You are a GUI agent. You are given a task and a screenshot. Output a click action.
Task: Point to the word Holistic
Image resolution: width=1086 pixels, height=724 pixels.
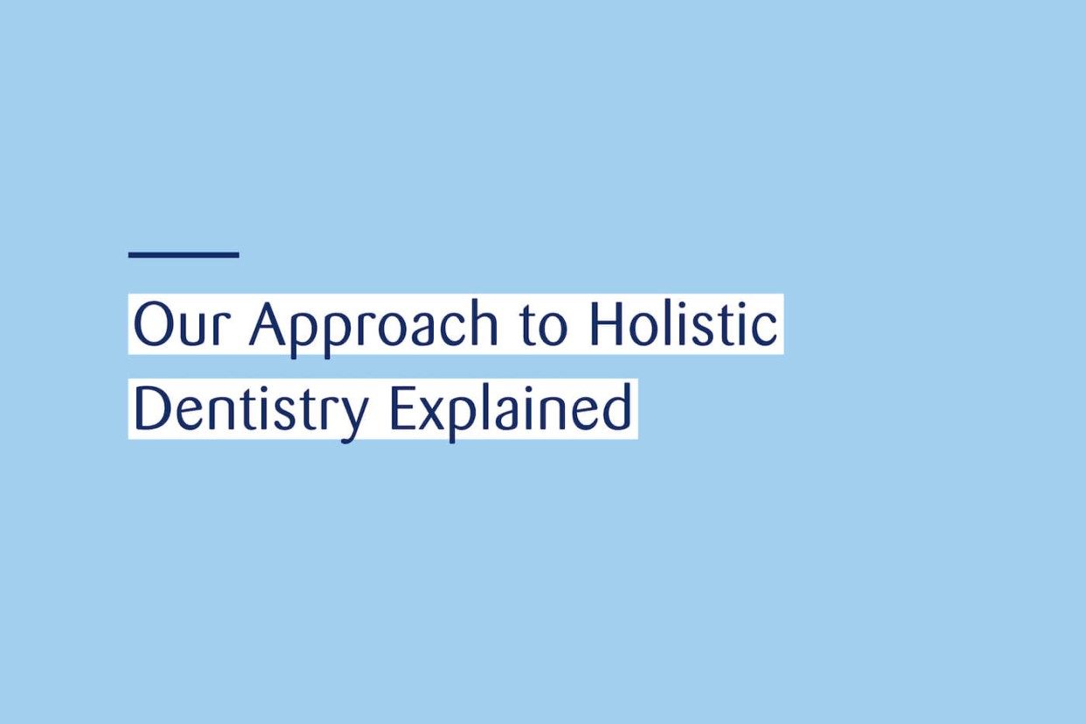683,324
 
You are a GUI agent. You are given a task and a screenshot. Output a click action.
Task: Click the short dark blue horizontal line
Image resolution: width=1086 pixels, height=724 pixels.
184,254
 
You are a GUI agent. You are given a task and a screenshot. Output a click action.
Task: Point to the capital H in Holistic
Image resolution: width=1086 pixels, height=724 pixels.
607,324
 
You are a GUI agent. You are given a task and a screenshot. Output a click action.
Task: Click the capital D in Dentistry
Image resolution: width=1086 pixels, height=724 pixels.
150,409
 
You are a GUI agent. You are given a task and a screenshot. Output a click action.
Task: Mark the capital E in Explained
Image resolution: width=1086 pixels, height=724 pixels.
400,409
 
